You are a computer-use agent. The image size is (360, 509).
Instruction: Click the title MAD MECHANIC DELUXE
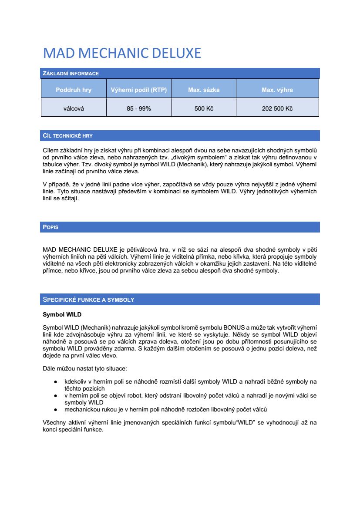tap(122, 53)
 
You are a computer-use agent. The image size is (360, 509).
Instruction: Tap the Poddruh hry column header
tap(74, 90)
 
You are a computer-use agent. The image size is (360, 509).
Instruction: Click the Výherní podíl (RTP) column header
tap(139, 90)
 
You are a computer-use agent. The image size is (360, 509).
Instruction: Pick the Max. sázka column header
tap(204, 90)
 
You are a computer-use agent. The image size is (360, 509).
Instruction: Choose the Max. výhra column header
tap(277, 90)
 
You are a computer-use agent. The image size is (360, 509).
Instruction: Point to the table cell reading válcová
tap(74, 108)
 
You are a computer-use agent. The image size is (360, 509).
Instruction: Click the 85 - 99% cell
tap(139, 108)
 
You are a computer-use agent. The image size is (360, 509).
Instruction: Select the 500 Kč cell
tap(204, 108)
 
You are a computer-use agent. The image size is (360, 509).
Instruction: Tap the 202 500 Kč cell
tap(277, 108)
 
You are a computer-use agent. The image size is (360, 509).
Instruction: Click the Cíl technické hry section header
tap(67, 136)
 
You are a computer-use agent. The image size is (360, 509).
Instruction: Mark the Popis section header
tap(50, 227)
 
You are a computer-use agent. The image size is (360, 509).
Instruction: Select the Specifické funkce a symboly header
tap(88, 300)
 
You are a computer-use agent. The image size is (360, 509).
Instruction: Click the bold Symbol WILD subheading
tap(62, 314)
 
